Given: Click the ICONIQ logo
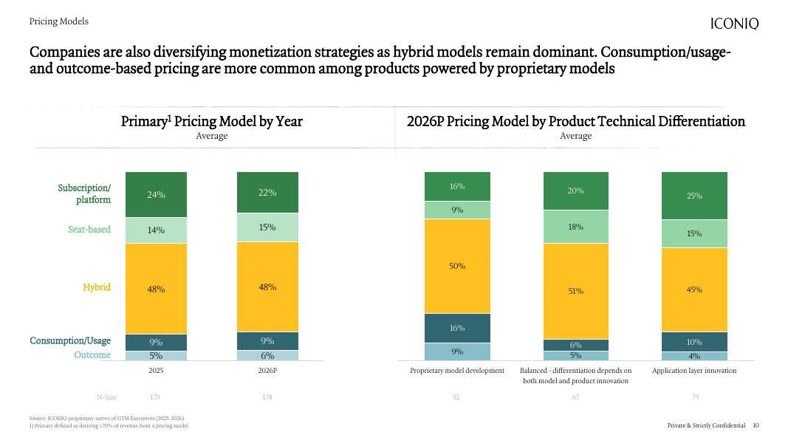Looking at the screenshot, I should tap(734, 24).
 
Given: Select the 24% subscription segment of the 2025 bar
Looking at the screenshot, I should tap(156, 194).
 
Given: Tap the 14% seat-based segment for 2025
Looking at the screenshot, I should tap(156, 230).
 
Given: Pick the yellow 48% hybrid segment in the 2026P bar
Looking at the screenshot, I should tap(267, 286).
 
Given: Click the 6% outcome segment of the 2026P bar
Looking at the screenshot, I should tap(267, 355).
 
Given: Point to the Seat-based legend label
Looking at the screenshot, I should tap(89, 230).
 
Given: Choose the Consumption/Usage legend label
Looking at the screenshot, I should tap(70, 341).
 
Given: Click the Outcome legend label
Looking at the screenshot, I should tap(92, 355).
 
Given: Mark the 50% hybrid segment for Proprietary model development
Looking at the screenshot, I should tap(457, 266).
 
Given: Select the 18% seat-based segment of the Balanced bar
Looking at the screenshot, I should tap(576, 227).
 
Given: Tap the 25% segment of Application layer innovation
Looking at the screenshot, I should tap(694, 196).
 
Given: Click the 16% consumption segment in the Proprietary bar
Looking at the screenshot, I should tap(457, 328).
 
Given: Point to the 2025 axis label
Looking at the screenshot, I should tap(156, 371).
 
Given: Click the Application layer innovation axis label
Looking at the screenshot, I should tap(694, 371).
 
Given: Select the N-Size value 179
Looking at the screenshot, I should tap(156, 398).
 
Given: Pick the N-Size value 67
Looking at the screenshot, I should tap(576, 398).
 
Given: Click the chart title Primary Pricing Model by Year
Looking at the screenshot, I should tap(212, 121).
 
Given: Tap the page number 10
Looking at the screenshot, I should tap(756, 426).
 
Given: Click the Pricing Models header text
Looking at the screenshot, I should tap(59, 22).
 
